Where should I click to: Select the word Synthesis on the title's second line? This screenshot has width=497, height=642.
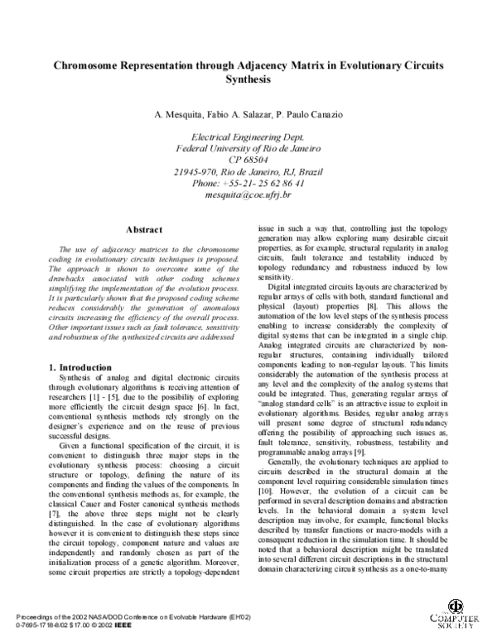click(248, 79)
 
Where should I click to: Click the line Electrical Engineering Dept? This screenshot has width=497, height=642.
click(248, 137)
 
